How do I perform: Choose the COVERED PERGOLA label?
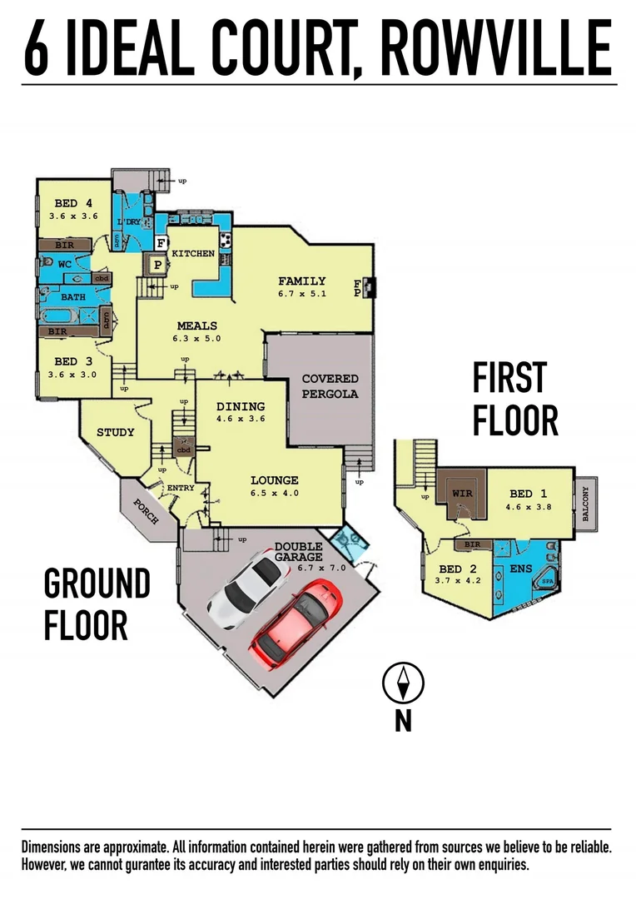330,386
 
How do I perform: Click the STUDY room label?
115,433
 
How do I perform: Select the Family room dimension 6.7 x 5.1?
301,294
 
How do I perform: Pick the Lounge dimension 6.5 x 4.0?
274,494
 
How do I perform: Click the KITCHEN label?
193,253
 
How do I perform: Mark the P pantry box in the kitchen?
157,266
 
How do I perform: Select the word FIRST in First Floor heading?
509,378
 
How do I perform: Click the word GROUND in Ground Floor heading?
97,584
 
